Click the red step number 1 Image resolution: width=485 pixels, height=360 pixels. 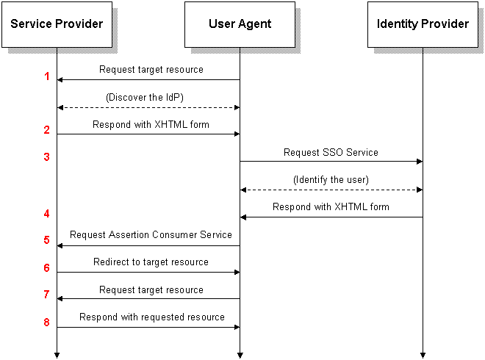47,76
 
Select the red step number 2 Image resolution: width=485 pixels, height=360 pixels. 47,130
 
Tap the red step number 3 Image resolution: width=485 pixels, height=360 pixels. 47,156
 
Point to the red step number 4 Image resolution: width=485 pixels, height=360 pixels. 47,214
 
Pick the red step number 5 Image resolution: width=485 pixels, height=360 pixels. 47,240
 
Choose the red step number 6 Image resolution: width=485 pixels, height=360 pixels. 47,268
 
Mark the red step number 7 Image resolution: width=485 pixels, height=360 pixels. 47,295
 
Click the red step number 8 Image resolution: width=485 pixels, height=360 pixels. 47,322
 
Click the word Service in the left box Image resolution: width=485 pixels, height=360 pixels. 32,24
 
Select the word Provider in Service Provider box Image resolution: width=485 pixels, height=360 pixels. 80,24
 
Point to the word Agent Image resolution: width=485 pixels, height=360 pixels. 255,24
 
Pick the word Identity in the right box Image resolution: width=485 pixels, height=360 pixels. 398,24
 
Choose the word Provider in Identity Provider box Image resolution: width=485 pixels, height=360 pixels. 446,24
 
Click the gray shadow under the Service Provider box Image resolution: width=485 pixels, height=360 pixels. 62,51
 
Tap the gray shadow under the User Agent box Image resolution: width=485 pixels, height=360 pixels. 245,51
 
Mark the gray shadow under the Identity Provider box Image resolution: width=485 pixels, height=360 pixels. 428,51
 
